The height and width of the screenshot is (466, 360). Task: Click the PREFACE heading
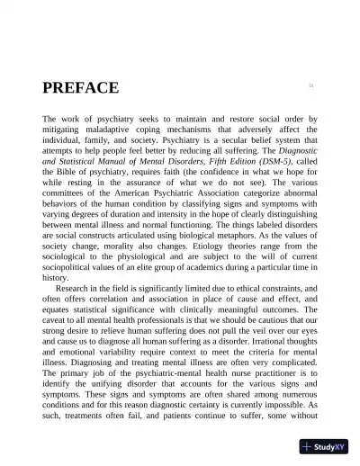(x=80, y=88)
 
